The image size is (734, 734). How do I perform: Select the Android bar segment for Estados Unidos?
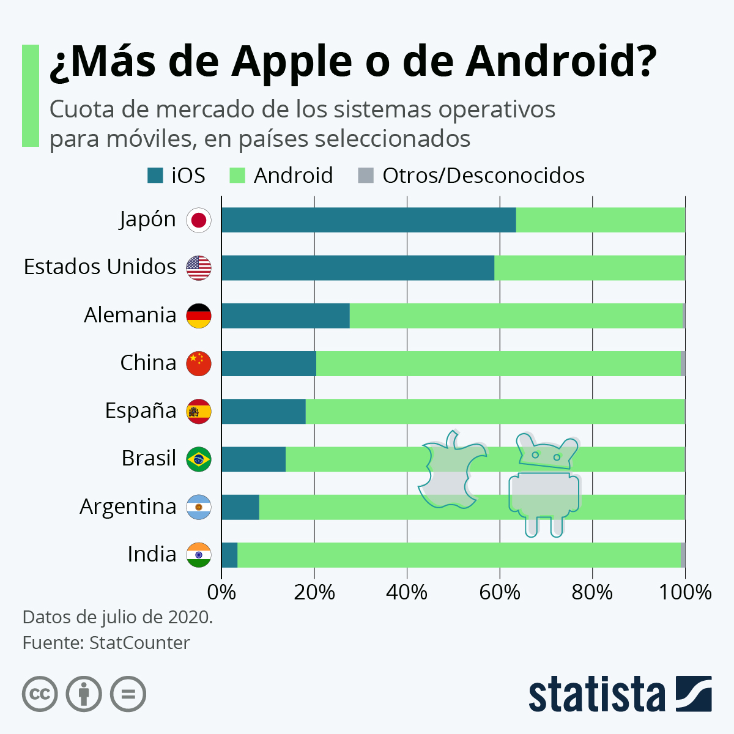pos(589,268)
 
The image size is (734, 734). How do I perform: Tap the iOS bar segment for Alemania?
pos(285,316)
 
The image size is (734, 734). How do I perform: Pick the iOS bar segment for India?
pos(229,555)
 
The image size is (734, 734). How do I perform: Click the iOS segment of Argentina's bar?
pos(240,507)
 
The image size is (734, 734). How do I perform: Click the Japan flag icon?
pos(199,220)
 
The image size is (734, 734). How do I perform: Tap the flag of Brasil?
pos(199,459)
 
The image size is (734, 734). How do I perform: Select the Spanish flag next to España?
pos(199,411)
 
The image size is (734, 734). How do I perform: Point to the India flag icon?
pos(199,555)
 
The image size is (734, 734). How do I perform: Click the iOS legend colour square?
pos(155,176)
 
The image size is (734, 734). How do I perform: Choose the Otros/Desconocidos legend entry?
pos(483,176)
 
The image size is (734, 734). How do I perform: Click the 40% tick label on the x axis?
pos(407,592)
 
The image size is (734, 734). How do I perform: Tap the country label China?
pos(148,363)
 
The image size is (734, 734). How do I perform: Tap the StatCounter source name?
pos(139,643)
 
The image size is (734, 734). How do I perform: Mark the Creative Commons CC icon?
pos(40,694)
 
